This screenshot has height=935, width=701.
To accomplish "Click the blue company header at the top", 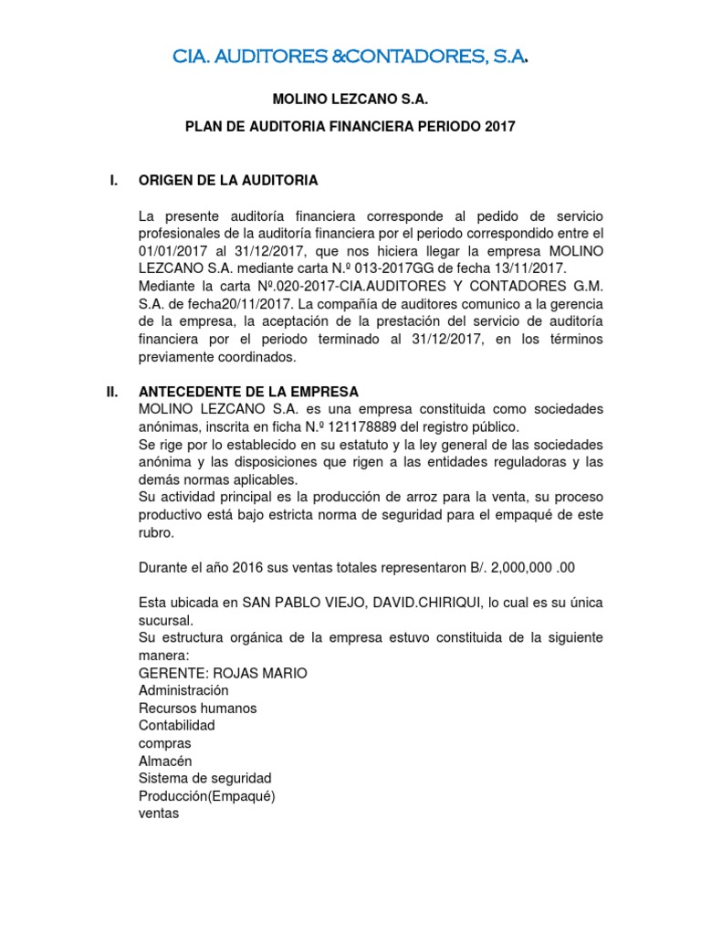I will (350, 58).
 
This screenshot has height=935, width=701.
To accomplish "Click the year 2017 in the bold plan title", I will (500, 127).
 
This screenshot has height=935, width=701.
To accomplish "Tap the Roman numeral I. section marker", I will (113, 181).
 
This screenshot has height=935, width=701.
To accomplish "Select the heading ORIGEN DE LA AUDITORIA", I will (228, 181).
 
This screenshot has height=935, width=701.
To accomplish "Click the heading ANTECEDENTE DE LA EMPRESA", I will (248, 391).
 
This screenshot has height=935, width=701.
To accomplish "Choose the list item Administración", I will (183, 690).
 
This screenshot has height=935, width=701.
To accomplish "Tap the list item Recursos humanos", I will (197, 708).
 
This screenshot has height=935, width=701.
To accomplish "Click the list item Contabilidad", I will (176, 725).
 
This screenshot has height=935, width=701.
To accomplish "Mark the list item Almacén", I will (165, 761).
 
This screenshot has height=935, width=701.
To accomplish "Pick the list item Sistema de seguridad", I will (204, 778).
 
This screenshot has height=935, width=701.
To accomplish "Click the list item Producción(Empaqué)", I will (206, 795).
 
